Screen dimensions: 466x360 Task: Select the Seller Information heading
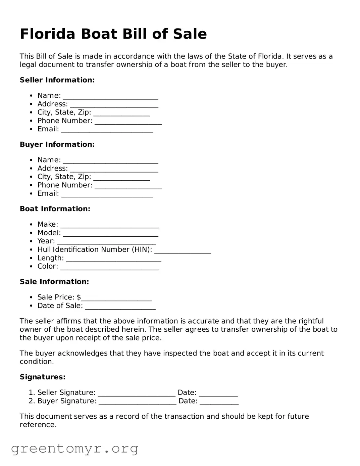[x=57, y=80]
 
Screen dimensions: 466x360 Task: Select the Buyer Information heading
[x=57, y=144]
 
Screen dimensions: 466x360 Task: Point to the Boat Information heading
[x=55, y=209]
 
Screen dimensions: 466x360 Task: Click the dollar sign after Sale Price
[x=79, y=297]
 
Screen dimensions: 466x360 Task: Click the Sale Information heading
[x=54, y=282]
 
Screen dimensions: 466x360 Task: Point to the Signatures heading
[x=43, y=377]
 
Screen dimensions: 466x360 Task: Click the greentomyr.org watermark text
[x=74, y=449]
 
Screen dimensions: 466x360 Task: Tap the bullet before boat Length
[x=31, y=258]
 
